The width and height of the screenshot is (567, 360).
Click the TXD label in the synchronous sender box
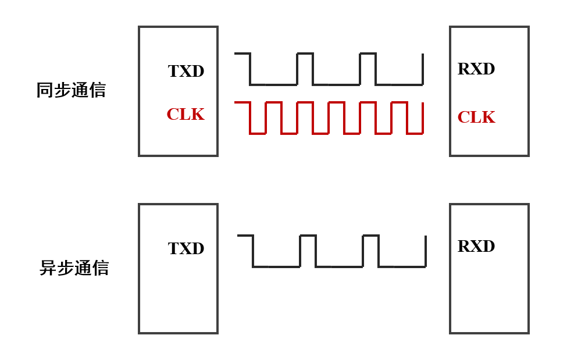tap(186, 71)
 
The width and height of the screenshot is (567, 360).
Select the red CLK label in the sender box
tap(186, 114)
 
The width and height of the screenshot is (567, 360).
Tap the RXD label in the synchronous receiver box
tap(476, 69)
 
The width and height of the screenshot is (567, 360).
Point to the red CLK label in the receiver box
tap(476, 117)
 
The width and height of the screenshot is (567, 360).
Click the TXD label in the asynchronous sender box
tap(186, 248)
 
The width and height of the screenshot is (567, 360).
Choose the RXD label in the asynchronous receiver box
tap(476, 246)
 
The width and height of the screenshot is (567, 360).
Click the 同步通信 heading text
tap(71, 90)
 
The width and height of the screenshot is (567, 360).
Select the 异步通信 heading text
tap(74, 268)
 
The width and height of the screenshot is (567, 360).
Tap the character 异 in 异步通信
tap(47, 268)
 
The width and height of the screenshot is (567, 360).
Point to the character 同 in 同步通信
tap(44, 90)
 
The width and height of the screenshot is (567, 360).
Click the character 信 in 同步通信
tap(98, 90)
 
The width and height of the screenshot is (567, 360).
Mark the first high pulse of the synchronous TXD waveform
tap(305, 54)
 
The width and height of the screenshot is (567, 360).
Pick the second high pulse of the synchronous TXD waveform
tap(368, 54)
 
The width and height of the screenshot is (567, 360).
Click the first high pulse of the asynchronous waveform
tap(308, 236)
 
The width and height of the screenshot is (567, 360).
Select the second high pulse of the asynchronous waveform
tap(371, 236)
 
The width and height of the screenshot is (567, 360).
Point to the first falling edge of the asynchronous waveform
tap(253, 251)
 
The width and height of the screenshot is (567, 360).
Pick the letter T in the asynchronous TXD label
tap(173, 248)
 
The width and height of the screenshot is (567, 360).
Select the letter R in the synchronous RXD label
tap(464, 69)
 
